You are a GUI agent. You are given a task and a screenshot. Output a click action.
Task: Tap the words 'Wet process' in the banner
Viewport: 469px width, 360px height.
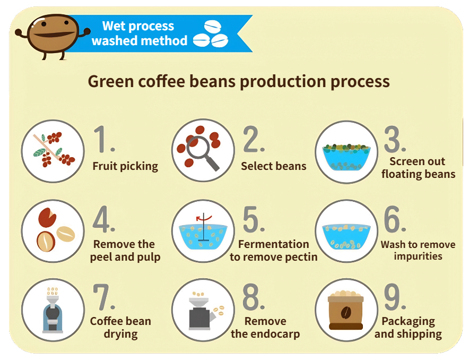point(138,25)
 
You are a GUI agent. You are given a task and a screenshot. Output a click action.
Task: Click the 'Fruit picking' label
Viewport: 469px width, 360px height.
point(125,166)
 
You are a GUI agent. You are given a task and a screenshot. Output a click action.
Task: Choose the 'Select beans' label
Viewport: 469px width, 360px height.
point(273,166)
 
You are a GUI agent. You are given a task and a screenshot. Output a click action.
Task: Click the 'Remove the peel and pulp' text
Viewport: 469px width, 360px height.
point(125,251)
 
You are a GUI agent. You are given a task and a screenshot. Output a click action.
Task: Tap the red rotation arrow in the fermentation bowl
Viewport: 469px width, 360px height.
point(201,218)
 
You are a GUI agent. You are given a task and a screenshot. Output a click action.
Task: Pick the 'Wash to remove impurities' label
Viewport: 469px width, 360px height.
point(418,251)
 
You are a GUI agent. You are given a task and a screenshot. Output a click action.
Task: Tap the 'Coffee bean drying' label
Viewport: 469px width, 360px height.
point(120,328)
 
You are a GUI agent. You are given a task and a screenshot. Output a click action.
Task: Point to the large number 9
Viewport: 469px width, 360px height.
point(395,298)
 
